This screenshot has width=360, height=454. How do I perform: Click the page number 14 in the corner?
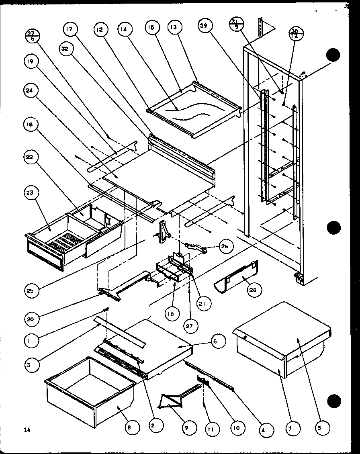click(x=27, y=430)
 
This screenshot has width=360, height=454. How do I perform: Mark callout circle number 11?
click(x=210, y=429)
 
